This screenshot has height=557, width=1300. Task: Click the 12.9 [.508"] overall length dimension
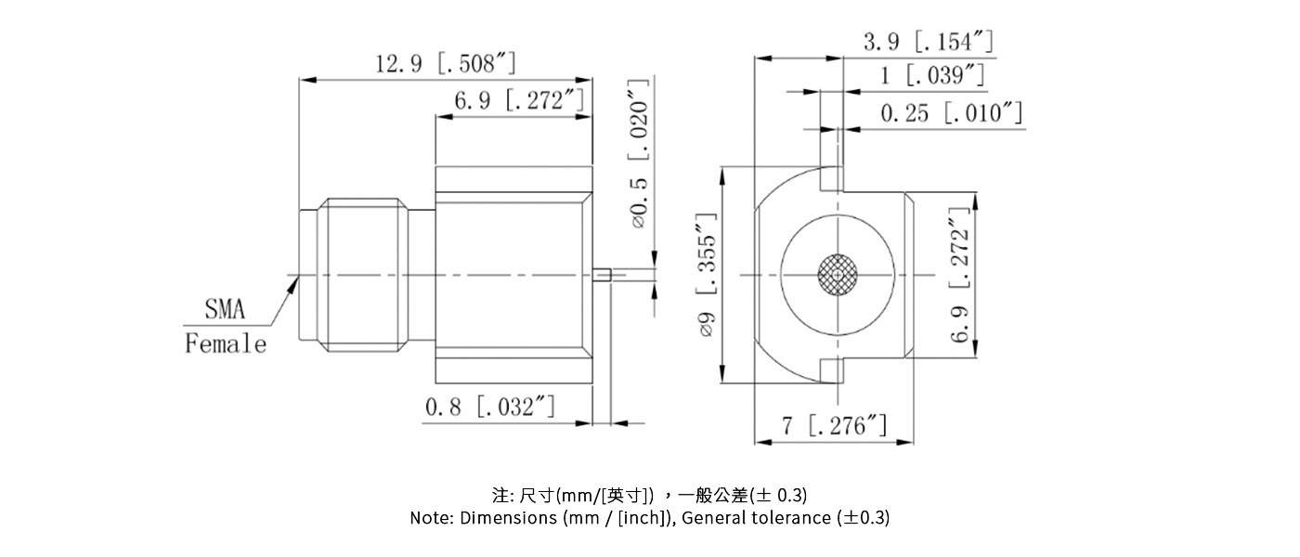(445, 64)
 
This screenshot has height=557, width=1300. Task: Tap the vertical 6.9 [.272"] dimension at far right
(960, 275)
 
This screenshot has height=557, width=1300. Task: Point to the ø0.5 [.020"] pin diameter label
(638, 154)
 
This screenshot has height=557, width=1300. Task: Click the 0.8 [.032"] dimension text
(490, 407)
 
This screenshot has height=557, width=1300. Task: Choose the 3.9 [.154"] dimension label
(929, 42)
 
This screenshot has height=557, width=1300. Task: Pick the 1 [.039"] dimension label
(932, 76)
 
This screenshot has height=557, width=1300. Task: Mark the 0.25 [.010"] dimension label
(951, 113)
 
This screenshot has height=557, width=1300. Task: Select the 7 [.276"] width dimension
(834, 426)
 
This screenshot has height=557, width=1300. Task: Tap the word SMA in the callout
(225, 310)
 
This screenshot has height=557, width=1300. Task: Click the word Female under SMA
(226, 344)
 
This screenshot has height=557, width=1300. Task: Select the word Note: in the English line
(432, 518)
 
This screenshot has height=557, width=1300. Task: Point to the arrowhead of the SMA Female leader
(295, 279)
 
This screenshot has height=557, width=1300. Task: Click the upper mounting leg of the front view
(831, 177)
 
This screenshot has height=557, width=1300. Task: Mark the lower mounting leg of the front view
(831, 371)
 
